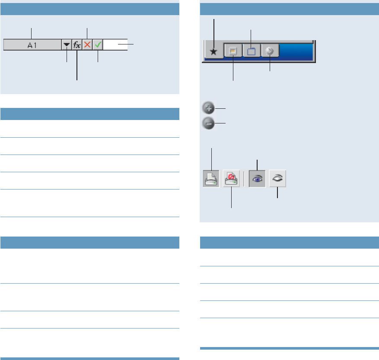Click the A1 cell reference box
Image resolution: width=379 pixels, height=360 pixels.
[x=32, y=45]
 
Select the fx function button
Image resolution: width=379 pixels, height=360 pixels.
[x=77, y=45]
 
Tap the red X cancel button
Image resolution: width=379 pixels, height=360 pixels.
[x=87, y=45]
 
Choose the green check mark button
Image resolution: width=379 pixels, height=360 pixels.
[x=98, y=45]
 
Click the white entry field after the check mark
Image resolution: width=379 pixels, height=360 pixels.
[x=115, y=45]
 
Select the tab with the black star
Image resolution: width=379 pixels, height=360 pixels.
[x=213, y=51]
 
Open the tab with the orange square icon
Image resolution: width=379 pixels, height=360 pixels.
[x=233, y=51]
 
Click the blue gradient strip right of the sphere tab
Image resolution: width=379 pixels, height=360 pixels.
[x=298, y=51]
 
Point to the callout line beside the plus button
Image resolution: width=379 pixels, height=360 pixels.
[x=221, y=108]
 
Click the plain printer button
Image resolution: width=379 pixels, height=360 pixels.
[x=211, y=178]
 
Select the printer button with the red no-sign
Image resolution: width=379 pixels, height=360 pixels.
[x=231, y=178]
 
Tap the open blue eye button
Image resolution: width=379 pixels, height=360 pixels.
[x=257, y=178]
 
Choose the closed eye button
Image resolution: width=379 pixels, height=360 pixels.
[x=277, y=178]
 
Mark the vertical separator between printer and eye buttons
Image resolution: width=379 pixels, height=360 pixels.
[x=244, y=178]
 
